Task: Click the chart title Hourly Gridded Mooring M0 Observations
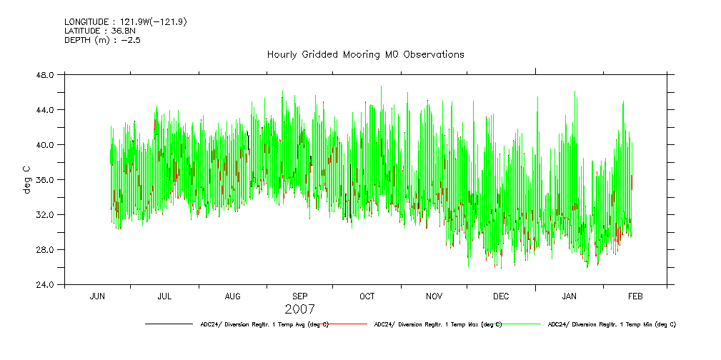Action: [365, 54]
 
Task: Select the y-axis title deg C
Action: [26, 179]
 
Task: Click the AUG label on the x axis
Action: [233, 296]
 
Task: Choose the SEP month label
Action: [300, 296]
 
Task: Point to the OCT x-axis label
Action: [367, 296]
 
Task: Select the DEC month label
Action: [502, 296]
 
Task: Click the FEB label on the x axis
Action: [635, 296]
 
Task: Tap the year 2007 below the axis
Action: [299, 309]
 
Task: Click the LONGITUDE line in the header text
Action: [126, 22]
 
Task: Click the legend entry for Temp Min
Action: [611, 324]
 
